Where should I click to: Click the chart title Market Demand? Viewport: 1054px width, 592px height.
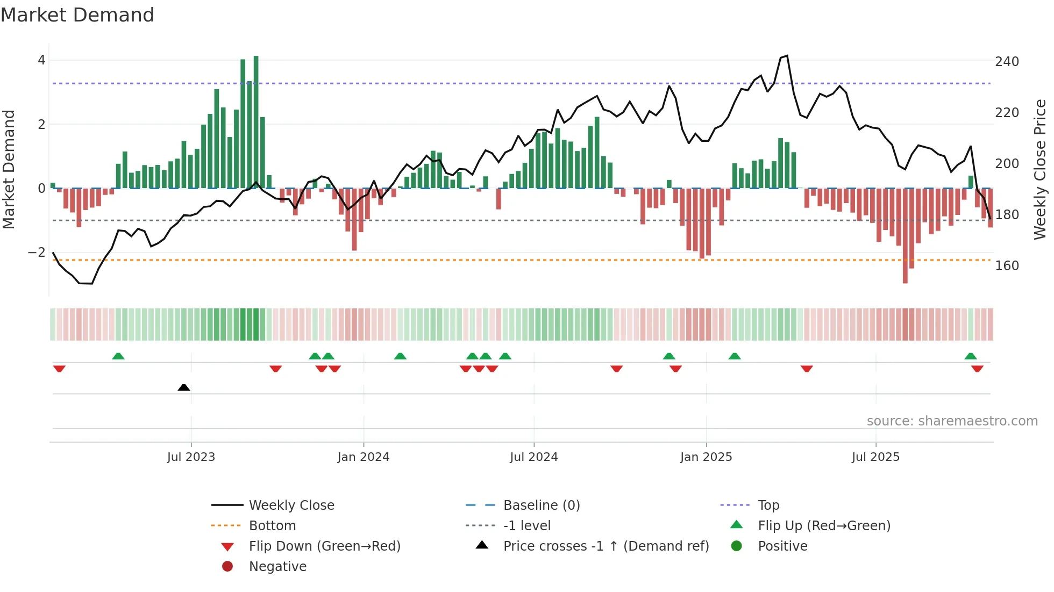point(77,15)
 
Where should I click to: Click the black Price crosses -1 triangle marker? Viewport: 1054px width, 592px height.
point(184,387)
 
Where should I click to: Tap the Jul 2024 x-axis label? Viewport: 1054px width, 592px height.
point(533,457)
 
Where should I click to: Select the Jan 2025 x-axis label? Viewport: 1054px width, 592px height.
point(706,457)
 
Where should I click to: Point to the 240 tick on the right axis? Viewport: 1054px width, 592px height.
point(1007,62)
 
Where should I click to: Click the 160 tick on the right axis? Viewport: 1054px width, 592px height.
point(1007,266)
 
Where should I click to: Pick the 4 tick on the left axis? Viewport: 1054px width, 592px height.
point(41,60)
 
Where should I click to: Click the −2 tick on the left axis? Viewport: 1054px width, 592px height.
point(37,252)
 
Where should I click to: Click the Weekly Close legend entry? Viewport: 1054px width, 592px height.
point(291,506)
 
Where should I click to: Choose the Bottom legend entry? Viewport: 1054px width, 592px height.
point(272,526)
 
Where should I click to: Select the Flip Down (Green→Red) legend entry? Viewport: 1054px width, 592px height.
point(324,546)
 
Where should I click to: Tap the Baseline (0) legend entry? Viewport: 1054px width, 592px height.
point(541,506)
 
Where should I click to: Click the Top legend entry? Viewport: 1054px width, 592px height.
point(768,506)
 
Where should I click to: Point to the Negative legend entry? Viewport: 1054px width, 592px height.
point(277,567)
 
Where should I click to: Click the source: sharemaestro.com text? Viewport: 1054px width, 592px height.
point(952,421)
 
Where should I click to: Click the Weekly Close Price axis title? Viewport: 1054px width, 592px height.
point(1040,169)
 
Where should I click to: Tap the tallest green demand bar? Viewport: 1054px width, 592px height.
point(256,122)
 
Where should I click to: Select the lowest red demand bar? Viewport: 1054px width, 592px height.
point(905,236)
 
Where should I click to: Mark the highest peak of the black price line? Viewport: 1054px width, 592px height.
point(787,56)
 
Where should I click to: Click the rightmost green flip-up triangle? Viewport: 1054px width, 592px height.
point(971,356)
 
